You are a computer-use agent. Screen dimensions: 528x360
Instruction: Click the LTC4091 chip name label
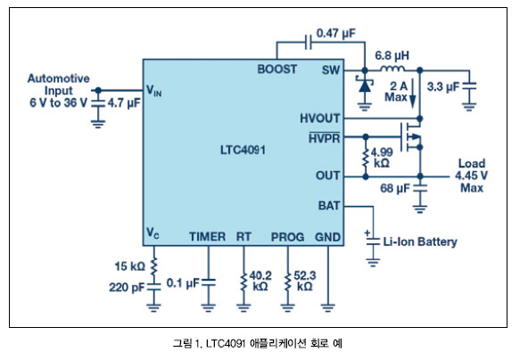243,150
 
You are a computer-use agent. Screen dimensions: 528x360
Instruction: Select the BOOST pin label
277,69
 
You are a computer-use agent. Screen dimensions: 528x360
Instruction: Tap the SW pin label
331,70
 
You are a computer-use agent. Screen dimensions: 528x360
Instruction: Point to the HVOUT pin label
320,119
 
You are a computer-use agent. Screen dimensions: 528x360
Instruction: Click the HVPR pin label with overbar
325,137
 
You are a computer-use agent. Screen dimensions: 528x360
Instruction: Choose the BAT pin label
329,206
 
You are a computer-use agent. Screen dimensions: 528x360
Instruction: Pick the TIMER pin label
207,236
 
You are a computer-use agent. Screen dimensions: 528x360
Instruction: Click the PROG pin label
287,237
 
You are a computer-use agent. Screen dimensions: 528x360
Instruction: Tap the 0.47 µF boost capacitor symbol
308,42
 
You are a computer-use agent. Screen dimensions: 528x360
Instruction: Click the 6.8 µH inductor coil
392,69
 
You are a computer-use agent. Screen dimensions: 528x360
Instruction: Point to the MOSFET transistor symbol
411,137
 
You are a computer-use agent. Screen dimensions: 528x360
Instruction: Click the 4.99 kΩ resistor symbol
366,158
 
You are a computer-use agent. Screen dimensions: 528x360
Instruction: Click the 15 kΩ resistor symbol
154,266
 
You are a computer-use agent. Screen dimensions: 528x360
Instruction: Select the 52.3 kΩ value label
305,281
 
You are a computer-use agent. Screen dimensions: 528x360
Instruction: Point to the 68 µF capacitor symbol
420,188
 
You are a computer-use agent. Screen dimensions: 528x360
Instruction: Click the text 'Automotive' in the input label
59,78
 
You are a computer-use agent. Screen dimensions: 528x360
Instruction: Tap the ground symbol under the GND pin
328,307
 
